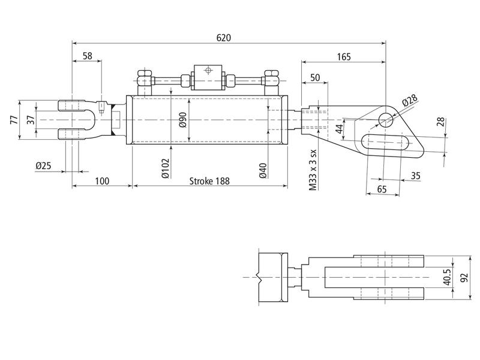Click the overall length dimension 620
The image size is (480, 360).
pos(223,37)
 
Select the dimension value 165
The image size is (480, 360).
pos(343,57)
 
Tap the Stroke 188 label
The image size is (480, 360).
pos(209,181)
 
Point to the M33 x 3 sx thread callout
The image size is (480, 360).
pos(313,170)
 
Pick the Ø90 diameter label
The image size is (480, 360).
pos(182,120)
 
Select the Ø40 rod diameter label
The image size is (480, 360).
pos(263,170)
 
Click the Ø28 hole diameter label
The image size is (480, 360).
pos(410,100)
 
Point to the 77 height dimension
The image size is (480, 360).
pos(14,120)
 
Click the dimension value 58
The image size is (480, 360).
pos(88,56)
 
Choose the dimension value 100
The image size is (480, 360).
pos(102,181)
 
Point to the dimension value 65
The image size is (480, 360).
pos(382,188)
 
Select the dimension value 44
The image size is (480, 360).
pos(339,128)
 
